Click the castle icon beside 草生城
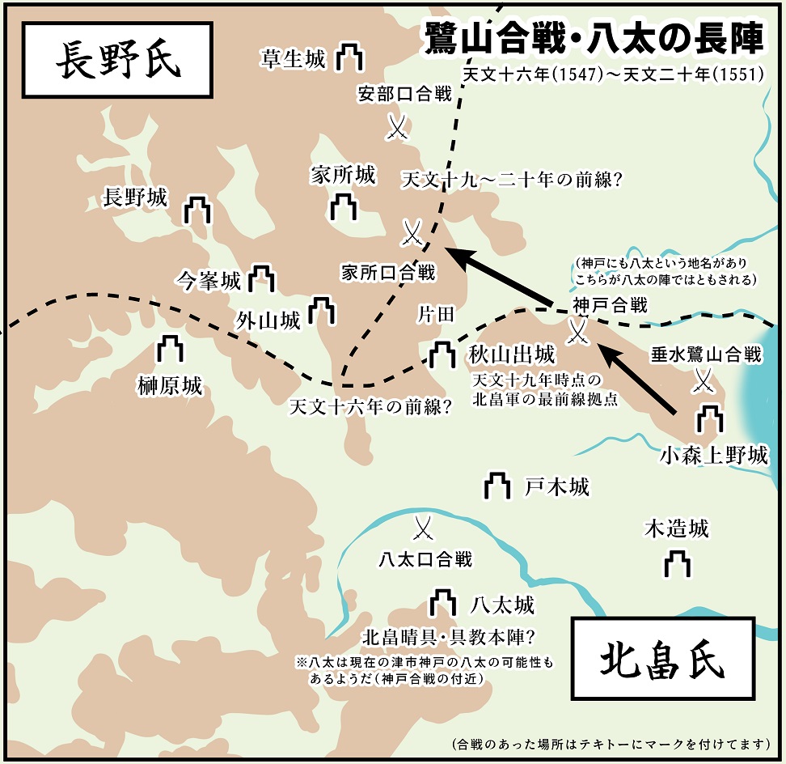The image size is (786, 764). click(x=349, y=57)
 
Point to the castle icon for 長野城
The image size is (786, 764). click(x=197, y=209)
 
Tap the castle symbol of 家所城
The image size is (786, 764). click(x=344, y=206)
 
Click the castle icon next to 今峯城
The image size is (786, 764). click(x=261, y=278)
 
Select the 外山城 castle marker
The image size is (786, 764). click(x=323, y=310)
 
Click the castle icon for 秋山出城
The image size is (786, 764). click(x=442, y=353)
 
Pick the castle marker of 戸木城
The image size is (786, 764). click(x=497, y=486)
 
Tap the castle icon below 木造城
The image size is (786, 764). click(x=677, y=563)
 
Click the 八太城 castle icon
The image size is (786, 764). click(x=442, y=602)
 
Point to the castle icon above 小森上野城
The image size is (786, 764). click(x=710, y=420)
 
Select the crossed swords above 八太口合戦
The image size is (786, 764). click(x=423, y=529)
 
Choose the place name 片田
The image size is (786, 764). click(x=437, y=315)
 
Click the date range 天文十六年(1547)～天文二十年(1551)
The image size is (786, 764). click(x=612, y=74)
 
